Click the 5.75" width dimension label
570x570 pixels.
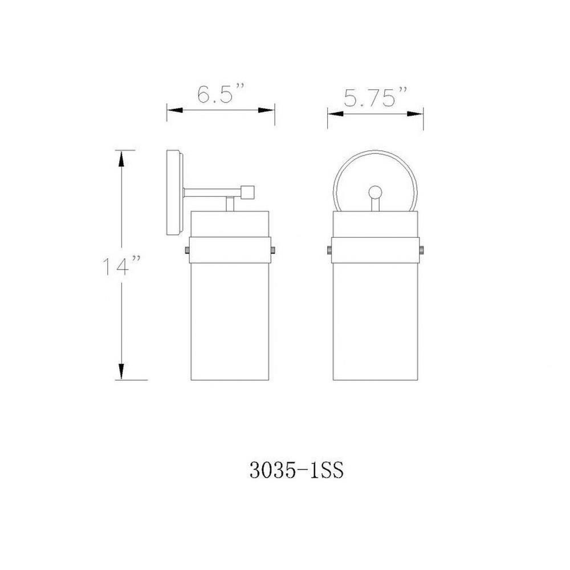click(x=375, y=97)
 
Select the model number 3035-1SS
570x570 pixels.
click(x=296, y=471)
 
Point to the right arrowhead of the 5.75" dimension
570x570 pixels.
click(x=415, y=114)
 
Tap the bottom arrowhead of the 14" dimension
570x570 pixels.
click(x=121, y=372)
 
